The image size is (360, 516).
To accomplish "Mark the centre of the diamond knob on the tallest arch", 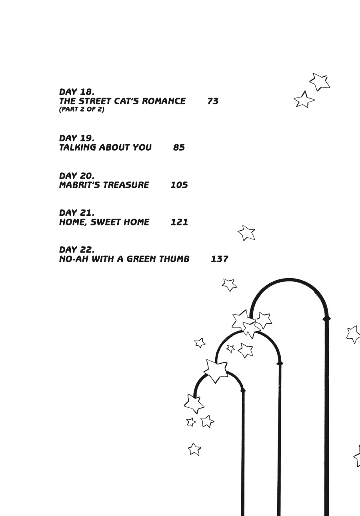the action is pyautogui.click(x=326, y=319).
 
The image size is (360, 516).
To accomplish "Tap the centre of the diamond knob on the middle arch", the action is pyautogui.click(x=280, y=363).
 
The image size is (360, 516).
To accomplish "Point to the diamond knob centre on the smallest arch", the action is pyautogui.click(x=243, y=390).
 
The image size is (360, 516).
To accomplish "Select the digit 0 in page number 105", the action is pyautogui.click(x=179, y=185).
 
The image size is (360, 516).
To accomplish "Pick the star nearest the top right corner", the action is pyautogui.click(x=320, y=82).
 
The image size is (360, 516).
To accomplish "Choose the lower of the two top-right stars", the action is pyautogui.click(x=304, y=100).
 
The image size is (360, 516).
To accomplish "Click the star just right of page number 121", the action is pyautogui.click(x=246, y=233).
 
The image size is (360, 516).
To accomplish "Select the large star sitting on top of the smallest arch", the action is pyautogui.click(x=216, y=371).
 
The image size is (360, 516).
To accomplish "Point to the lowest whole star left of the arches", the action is pyautogui.click(x=194, y=449).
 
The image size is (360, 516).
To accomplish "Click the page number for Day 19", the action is pyautogui.click(x=179, y=147).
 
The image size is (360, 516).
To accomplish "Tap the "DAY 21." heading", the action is pyautogui.click(x=77, y=213).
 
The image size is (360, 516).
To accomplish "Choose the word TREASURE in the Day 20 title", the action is pyautogui.click(x=126, y=185).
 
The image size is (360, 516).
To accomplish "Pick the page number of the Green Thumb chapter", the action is pyautogui.click(x=220, y=259).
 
